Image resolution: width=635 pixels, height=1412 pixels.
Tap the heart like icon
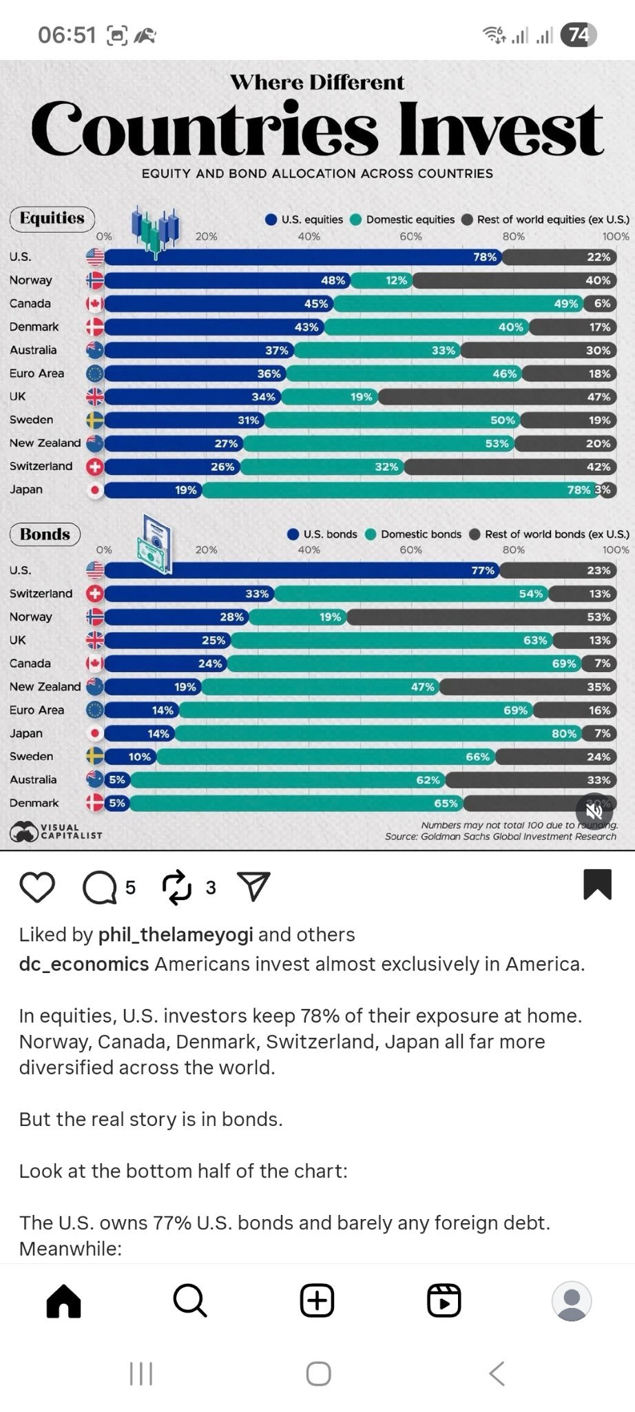[37, 887]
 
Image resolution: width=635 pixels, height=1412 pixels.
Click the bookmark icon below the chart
[597, 884]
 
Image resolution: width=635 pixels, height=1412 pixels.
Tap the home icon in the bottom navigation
[63, 1300]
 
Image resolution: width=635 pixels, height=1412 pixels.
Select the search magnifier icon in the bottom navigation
[189, 1300]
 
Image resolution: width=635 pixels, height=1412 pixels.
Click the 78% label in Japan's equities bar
[579, 490]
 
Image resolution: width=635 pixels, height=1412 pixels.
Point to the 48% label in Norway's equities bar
[333, 280]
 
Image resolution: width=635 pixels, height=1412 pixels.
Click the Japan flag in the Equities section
[95, 490]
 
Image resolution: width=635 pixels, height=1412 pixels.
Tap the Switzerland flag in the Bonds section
[95, 593]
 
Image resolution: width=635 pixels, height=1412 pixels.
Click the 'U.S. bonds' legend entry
[322, 534]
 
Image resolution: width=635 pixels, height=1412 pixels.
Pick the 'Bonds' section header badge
[45, 534]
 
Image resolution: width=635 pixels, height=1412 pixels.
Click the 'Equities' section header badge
[52, 218]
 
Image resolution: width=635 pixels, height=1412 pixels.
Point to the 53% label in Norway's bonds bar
[598, 617]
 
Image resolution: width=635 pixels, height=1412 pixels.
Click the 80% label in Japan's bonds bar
[564, 733]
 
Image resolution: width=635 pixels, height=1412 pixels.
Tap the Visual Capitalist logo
[56, 831]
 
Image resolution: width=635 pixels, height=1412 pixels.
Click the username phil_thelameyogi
[176, 934]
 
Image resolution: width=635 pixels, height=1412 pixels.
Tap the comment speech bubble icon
[100, 888]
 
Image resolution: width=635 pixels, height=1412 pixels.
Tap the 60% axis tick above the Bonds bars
[410, 550]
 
